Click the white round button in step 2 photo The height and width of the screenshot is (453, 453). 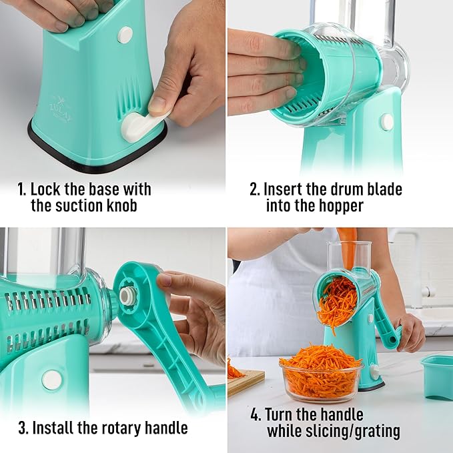[x=386, y=121]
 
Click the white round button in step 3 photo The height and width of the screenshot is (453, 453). [x=51, y=380]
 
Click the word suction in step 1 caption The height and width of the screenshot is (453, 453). [x=83, y=205]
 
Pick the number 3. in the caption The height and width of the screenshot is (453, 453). [x=23, y=427]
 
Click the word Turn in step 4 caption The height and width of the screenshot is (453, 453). [x=282, y=414]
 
